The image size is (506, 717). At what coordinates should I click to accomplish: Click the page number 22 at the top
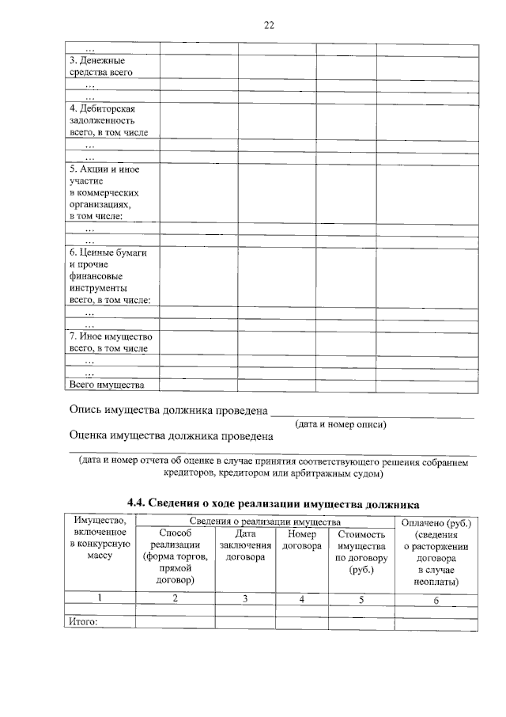click(269, 25)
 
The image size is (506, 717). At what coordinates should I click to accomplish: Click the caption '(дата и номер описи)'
click(341, 424)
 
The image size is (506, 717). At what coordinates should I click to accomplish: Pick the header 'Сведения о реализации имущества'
click(265, 522)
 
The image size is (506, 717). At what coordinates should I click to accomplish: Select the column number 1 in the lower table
click(100, 599)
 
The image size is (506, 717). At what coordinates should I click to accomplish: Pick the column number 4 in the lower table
click(301, 599)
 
